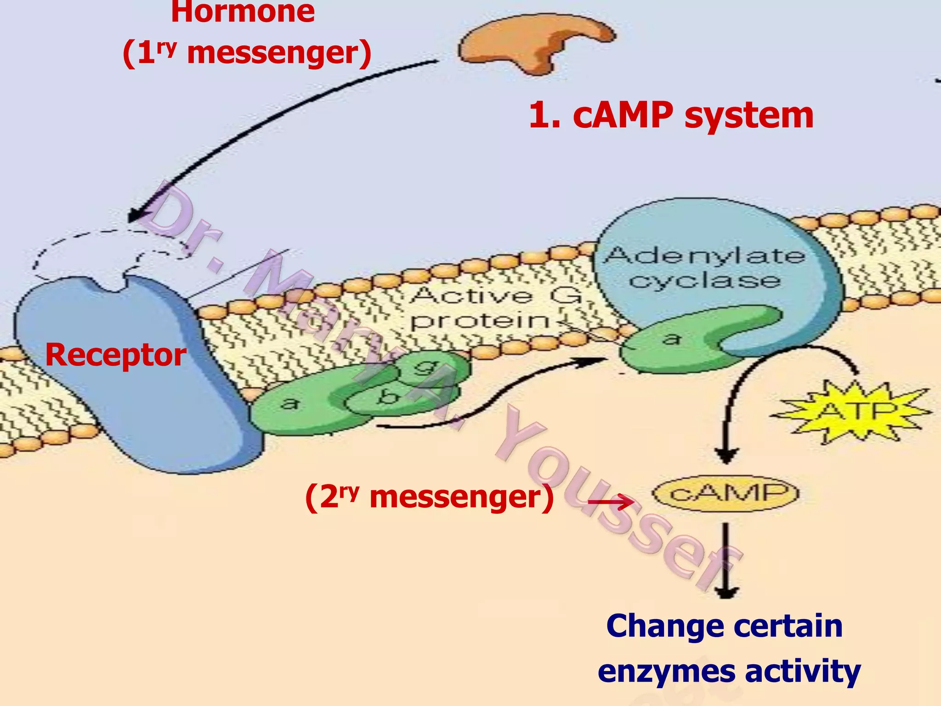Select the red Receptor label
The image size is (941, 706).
pos(116,355)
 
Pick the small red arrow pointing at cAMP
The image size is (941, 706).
pos(611,501)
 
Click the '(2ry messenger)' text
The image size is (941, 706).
pos(430,497)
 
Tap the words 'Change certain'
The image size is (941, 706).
pos(724,626)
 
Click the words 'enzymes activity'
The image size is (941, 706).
pos(729,671)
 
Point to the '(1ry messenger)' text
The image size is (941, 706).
pos(247,53)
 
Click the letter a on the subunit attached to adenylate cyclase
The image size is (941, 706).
pos(672,339)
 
